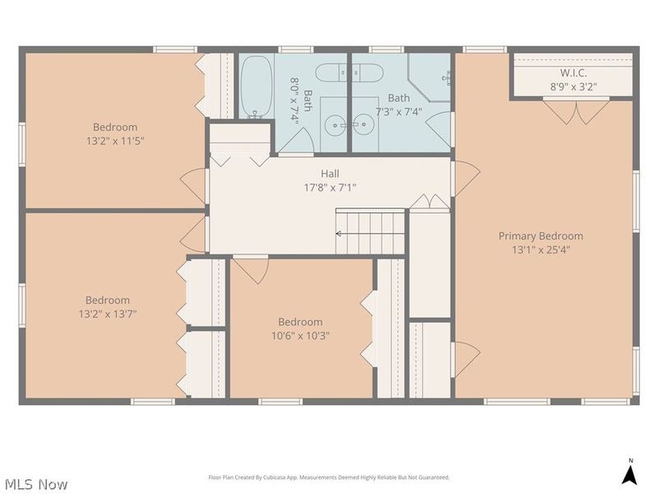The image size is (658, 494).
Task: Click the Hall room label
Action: [330, 174]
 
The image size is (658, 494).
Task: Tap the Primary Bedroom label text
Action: [540, 236]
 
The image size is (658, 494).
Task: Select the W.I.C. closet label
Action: [573, 73]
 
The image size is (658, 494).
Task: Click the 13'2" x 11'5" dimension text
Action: [115, 141]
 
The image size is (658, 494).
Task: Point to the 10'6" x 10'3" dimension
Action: [300, 336]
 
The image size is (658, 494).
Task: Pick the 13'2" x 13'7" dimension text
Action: [108, 314]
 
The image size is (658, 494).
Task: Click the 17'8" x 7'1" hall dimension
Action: [330, 188]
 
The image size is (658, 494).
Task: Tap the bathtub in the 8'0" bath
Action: [257, 86]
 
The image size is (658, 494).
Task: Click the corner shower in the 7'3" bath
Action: [429, 77]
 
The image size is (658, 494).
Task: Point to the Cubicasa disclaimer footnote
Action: [329, 478]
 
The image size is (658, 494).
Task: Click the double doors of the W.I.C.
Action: [575, 111]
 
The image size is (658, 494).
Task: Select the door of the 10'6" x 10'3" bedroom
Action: [252, 270]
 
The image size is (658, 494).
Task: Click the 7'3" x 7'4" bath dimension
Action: [398, 112]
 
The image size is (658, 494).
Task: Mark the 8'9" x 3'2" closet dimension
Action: [573, 87]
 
